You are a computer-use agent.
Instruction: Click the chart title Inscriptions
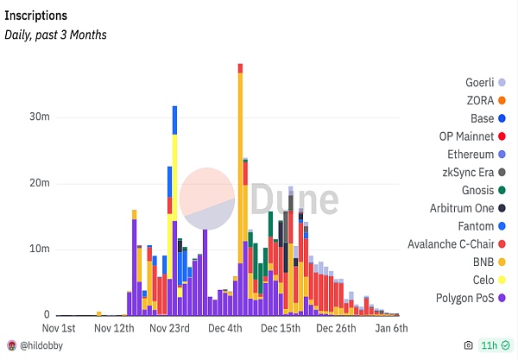click(x=36, y=16)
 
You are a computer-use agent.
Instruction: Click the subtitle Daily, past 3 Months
click(x=56, y=35)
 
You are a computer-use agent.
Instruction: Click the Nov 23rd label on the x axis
click(x=169, y=329)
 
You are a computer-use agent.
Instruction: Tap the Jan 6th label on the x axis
click(x=390, y=329)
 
